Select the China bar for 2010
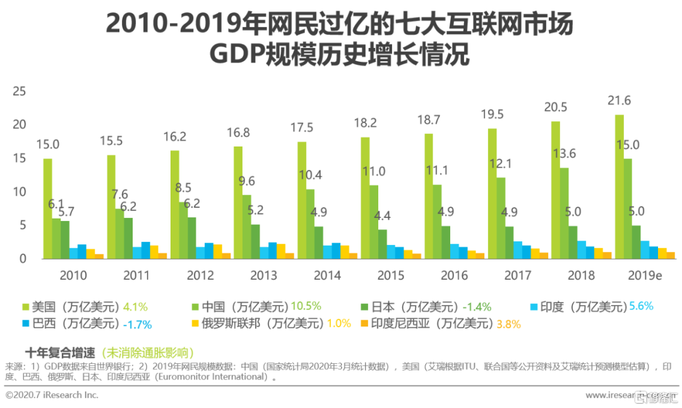click(56, 238)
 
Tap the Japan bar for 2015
click(382, 244)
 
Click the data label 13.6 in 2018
click(563, 153)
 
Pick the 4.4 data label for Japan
click(382, 215)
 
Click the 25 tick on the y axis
click(19, 92)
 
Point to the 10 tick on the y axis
click(19, 191)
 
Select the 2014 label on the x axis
click(327, 275)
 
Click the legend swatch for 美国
click(26, 307)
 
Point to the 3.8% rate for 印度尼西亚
click(508, 324)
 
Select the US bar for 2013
click(237, 202)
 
